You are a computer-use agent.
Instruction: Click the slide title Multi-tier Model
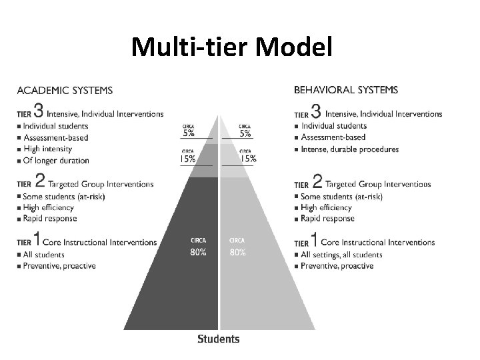[230, 47]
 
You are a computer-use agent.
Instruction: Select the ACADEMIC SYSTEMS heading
[65, 90]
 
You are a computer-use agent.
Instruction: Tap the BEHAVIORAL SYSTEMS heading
[346, 89]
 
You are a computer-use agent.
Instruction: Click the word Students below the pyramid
[219, 339]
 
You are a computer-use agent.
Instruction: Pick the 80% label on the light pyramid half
[237, 253]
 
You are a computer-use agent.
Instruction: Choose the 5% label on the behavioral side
[247, 132]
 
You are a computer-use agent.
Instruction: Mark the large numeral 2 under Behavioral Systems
[317, 181]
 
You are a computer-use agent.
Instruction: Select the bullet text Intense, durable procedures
[350, 149]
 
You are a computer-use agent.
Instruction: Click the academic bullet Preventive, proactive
[59, 266]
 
